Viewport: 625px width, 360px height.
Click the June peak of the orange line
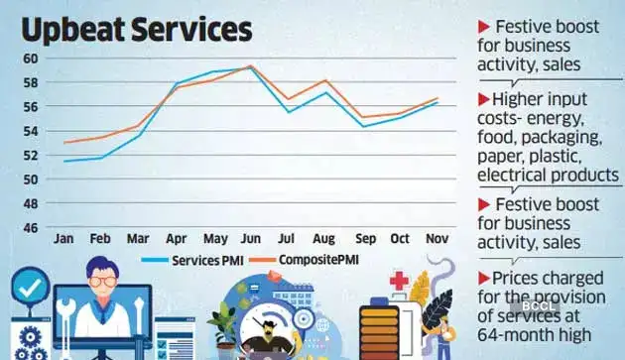point(250,65)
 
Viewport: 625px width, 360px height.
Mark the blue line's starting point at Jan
point(64,161)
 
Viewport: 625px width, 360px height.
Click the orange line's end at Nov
point(437,98)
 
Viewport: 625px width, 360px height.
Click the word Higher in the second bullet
point(516,99)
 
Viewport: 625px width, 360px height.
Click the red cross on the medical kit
point(400,281)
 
